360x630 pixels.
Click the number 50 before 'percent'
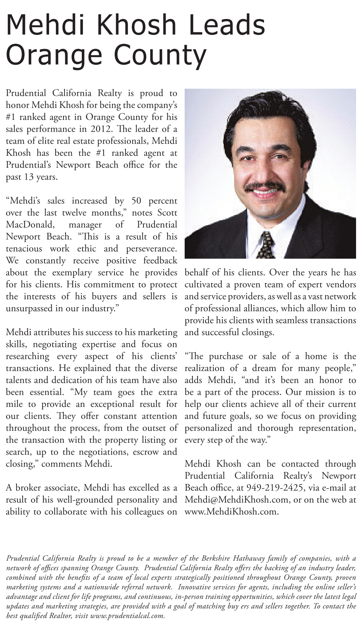[x=136, y=201]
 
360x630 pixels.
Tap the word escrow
[x=146, y=452]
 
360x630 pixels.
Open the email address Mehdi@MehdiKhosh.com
[x=236, y=500]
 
